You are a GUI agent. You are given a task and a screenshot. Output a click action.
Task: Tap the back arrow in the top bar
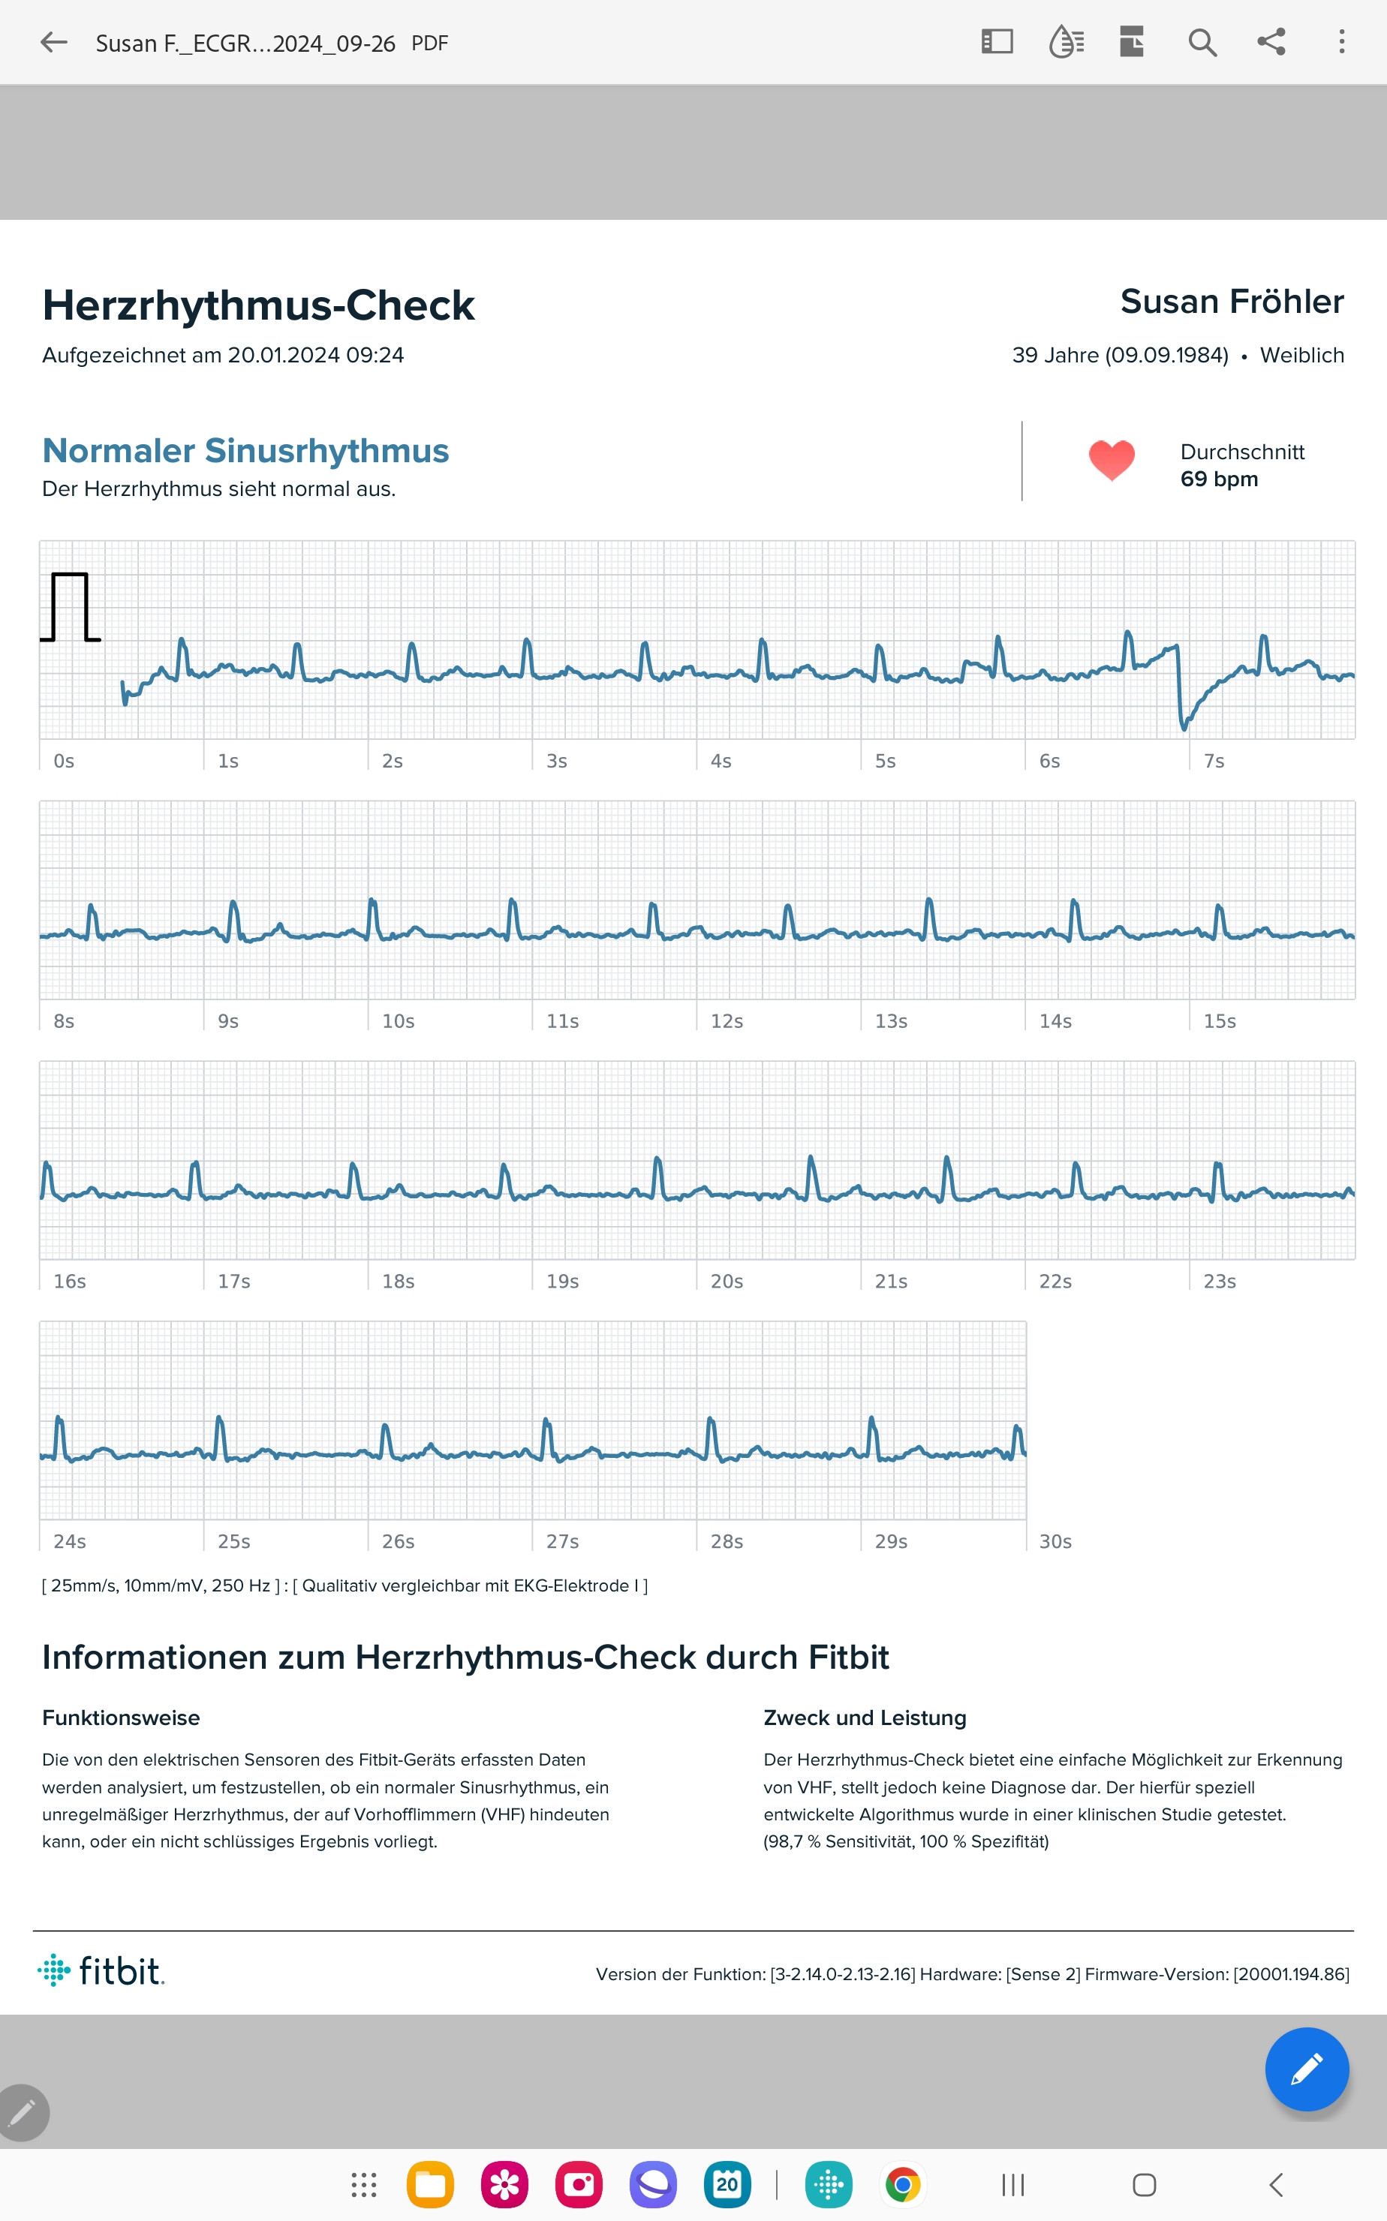[x=54, y=42]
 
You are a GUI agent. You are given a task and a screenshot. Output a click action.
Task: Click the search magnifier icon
[x=1202, y=42]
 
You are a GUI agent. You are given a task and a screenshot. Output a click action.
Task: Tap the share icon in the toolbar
[x=1271, y=42]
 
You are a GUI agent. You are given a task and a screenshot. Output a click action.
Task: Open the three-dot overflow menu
[x=1341, y=42]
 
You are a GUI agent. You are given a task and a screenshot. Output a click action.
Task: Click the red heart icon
[x=1111, y=459]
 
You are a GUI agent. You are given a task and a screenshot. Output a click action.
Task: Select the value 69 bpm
[x=1218, y=479]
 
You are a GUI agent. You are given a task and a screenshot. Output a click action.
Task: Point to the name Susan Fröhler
[x=1231, y=302]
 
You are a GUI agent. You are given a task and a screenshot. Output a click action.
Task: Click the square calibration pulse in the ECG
[x=71, y=606]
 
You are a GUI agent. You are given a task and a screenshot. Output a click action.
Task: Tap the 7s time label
[x=1214, y=761]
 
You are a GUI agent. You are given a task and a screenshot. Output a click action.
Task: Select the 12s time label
[x=727, y=1020]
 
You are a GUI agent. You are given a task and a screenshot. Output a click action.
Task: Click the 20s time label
[x=727, y=1281]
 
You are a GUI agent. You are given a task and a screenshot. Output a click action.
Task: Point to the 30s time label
[x=1055, y=1541]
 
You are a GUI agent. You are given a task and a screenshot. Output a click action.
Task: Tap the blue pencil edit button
[x=1305, y=2069]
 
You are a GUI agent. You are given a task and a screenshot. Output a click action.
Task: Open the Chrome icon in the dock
[x=903, y=2185]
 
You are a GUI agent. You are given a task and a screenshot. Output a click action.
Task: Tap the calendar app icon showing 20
[x=727, y=2185]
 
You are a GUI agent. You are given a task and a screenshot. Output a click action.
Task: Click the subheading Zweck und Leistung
[x=864, y=1718]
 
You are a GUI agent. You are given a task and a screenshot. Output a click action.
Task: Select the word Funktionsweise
[x=121, y=1718]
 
